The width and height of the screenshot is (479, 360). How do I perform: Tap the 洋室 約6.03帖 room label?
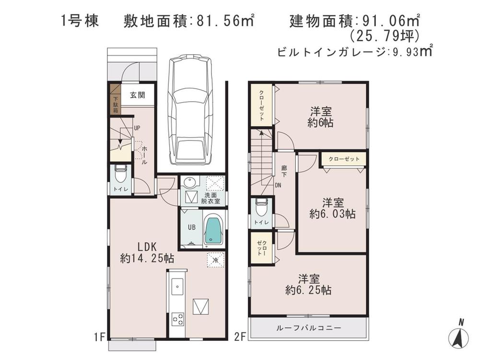click(332, 209)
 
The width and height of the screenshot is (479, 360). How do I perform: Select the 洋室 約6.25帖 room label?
click(308, 284)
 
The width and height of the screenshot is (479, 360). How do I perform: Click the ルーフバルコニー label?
click(309, 328)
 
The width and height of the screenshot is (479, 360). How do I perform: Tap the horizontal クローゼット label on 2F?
click(344, 159)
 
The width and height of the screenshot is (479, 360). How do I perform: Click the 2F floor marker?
click(240, 337)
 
